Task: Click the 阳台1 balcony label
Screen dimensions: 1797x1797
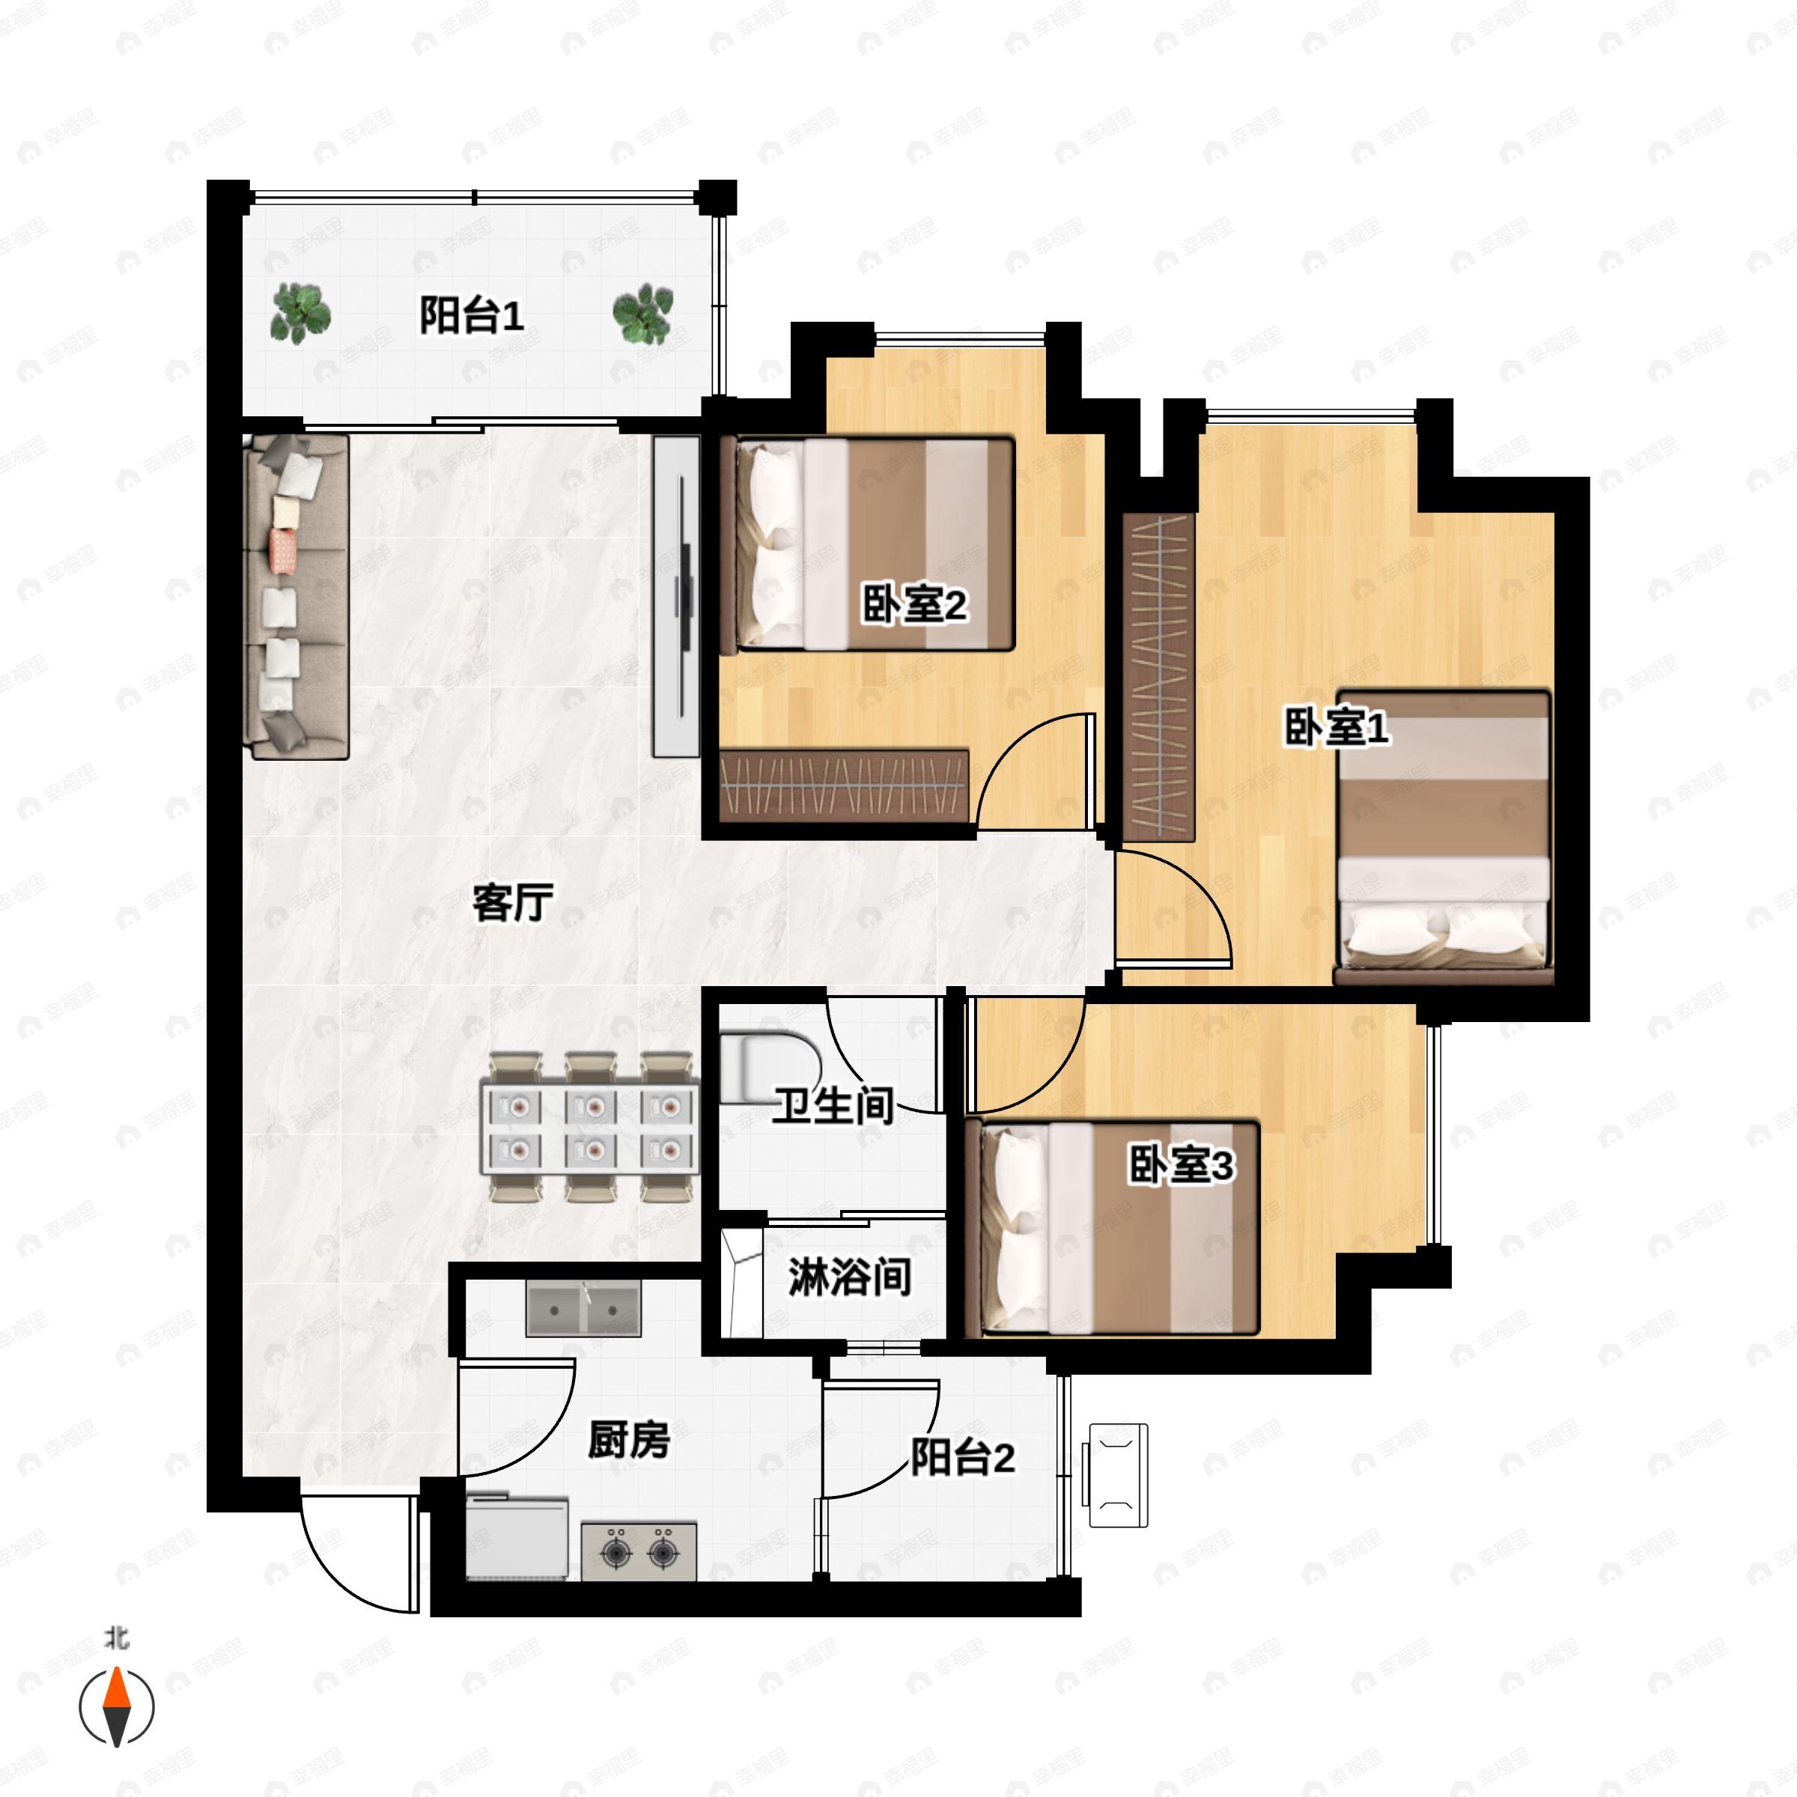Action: tap(471, 316)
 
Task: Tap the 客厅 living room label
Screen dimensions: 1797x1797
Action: tap(512, 901)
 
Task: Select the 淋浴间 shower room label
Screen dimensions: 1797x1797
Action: tap(848, 1278)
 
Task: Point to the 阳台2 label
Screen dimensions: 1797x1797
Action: tap(961, 1458)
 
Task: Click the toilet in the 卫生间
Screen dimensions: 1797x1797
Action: tap(765, 1067)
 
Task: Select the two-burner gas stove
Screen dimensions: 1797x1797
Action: tap(638, 1551)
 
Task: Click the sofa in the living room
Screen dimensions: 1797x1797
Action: tap(295, 595)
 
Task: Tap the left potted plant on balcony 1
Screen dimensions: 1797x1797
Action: tap(299, 314)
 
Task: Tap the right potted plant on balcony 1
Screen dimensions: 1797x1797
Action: tap(642, 314)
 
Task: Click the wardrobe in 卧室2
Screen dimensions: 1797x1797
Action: tap(844, 784)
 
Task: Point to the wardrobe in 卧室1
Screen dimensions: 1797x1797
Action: tap(1158, 676)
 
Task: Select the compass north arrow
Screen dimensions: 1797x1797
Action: tap(116, 1707)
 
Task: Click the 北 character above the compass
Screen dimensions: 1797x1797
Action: tap(116, 1638)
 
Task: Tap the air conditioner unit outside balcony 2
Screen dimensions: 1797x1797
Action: tap(1117, 1474)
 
